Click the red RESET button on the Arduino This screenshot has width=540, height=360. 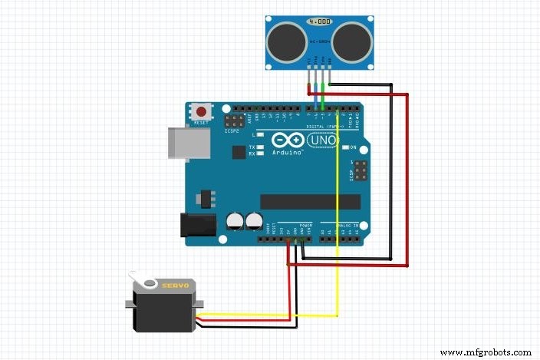[203, 111]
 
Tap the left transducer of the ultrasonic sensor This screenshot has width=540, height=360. [286, 38]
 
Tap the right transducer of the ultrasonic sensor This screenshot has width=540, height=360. [353, 38]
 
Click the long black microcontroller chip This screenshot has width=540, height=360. [310, 201]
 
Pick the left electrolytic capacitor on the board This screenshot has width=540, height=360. [234, 222]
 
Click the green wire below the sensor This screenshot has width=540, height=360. [323, 96]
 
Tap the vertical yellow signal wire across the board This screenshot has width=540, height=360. [337, 215]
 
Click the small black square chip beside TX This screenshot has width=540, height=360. [239, 153]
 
